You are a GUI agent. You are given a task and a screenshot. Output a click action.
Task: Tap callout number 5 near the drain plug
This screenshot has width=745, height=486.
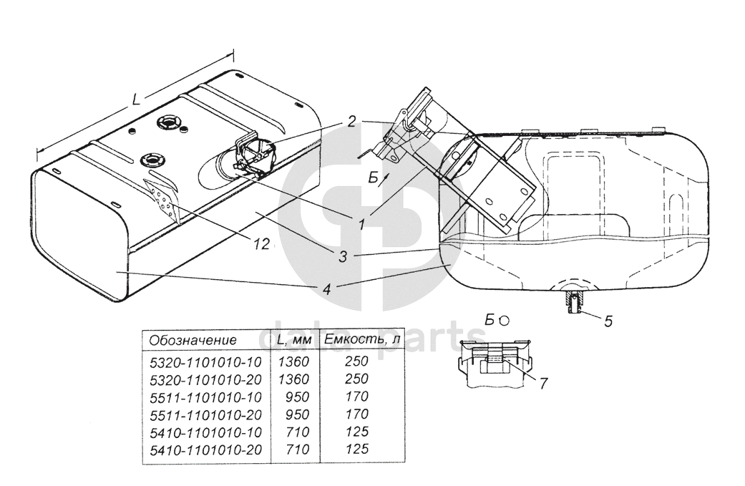point(608,321)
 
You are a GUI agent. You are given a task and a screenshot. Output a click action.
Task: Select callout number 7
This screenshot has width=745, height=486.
point(543,383)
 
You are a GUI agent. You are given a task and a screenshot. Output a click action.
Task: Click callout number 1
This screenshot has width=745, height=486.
point(362,224)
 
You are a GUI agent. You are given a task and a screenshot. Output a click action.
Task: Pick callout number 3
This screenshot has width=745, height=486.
point(342,256)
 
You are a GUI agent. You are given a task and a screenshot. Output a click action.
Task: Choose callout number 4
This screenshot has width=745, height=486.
point(326,288)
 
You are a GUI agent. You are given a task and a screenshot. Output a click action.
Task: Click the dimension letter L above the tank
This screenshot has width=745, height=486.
point(137,99)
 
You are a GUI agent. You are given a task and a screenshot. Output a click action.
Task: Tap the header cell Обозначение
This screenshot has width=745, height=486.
point(193,340)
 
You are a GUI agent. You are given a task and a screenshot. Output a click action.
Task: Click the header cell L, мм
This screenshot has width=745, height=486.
point(294,340)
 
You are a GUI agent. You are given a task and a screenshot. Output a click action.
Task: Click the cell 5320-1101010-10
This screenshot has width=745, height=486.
point(205,362)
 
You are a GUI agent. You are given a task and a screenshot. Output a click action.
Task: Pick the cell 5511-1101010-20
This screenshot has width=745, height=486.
point(205,414)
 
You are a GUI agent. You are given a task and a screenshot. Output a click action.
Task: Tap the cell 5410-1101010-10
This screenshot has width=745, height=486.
point(205,432)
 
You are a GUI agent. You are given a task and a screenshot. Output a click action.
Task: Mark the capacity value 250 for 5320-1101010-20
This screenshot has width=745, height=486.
point(357,379)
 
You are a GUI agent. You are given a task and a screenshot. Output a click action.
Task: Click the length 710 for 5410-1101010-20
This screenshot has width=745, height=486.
point(298,449)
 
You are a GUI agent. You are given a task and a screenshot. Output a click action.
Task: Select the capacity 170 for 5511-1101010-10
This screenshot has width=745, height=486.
point(357,397)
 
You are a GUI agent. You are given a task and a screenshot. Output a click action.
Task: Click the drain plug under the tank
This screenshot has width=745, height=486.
point(573,303)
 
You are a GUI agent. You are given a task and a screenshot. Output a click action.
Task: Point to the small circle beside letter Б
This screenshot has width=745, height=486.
point(505,321)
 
